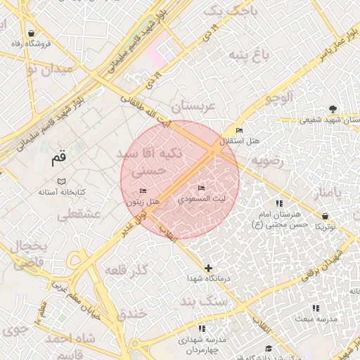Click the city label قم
pos(58,159)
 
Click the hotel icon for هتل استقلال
pos(239,131)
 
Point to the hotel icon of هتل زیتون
pos(143,191)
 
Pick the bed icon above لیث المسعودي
pos(202,188)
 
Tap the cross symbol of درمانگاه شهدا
pos(208,268)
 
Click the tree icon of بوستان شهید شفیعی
pos(330,108)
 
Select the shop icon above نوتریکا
pos(325,216)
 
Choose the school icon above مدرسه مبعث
pos(315,308)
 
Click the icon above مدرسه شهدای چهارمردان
pos(202,328)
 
